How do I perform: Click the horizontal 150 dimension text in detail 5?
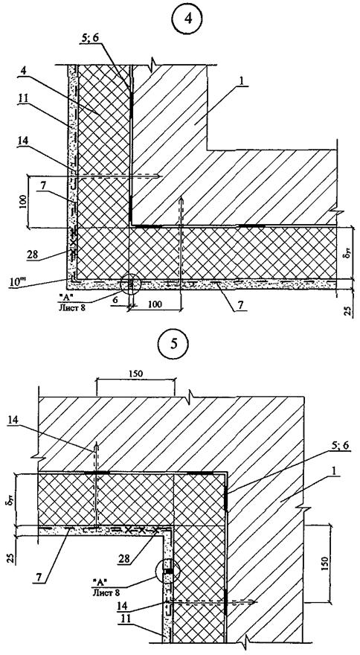[135, 374]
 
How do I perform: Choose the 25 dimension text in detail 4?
[350, 311]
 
